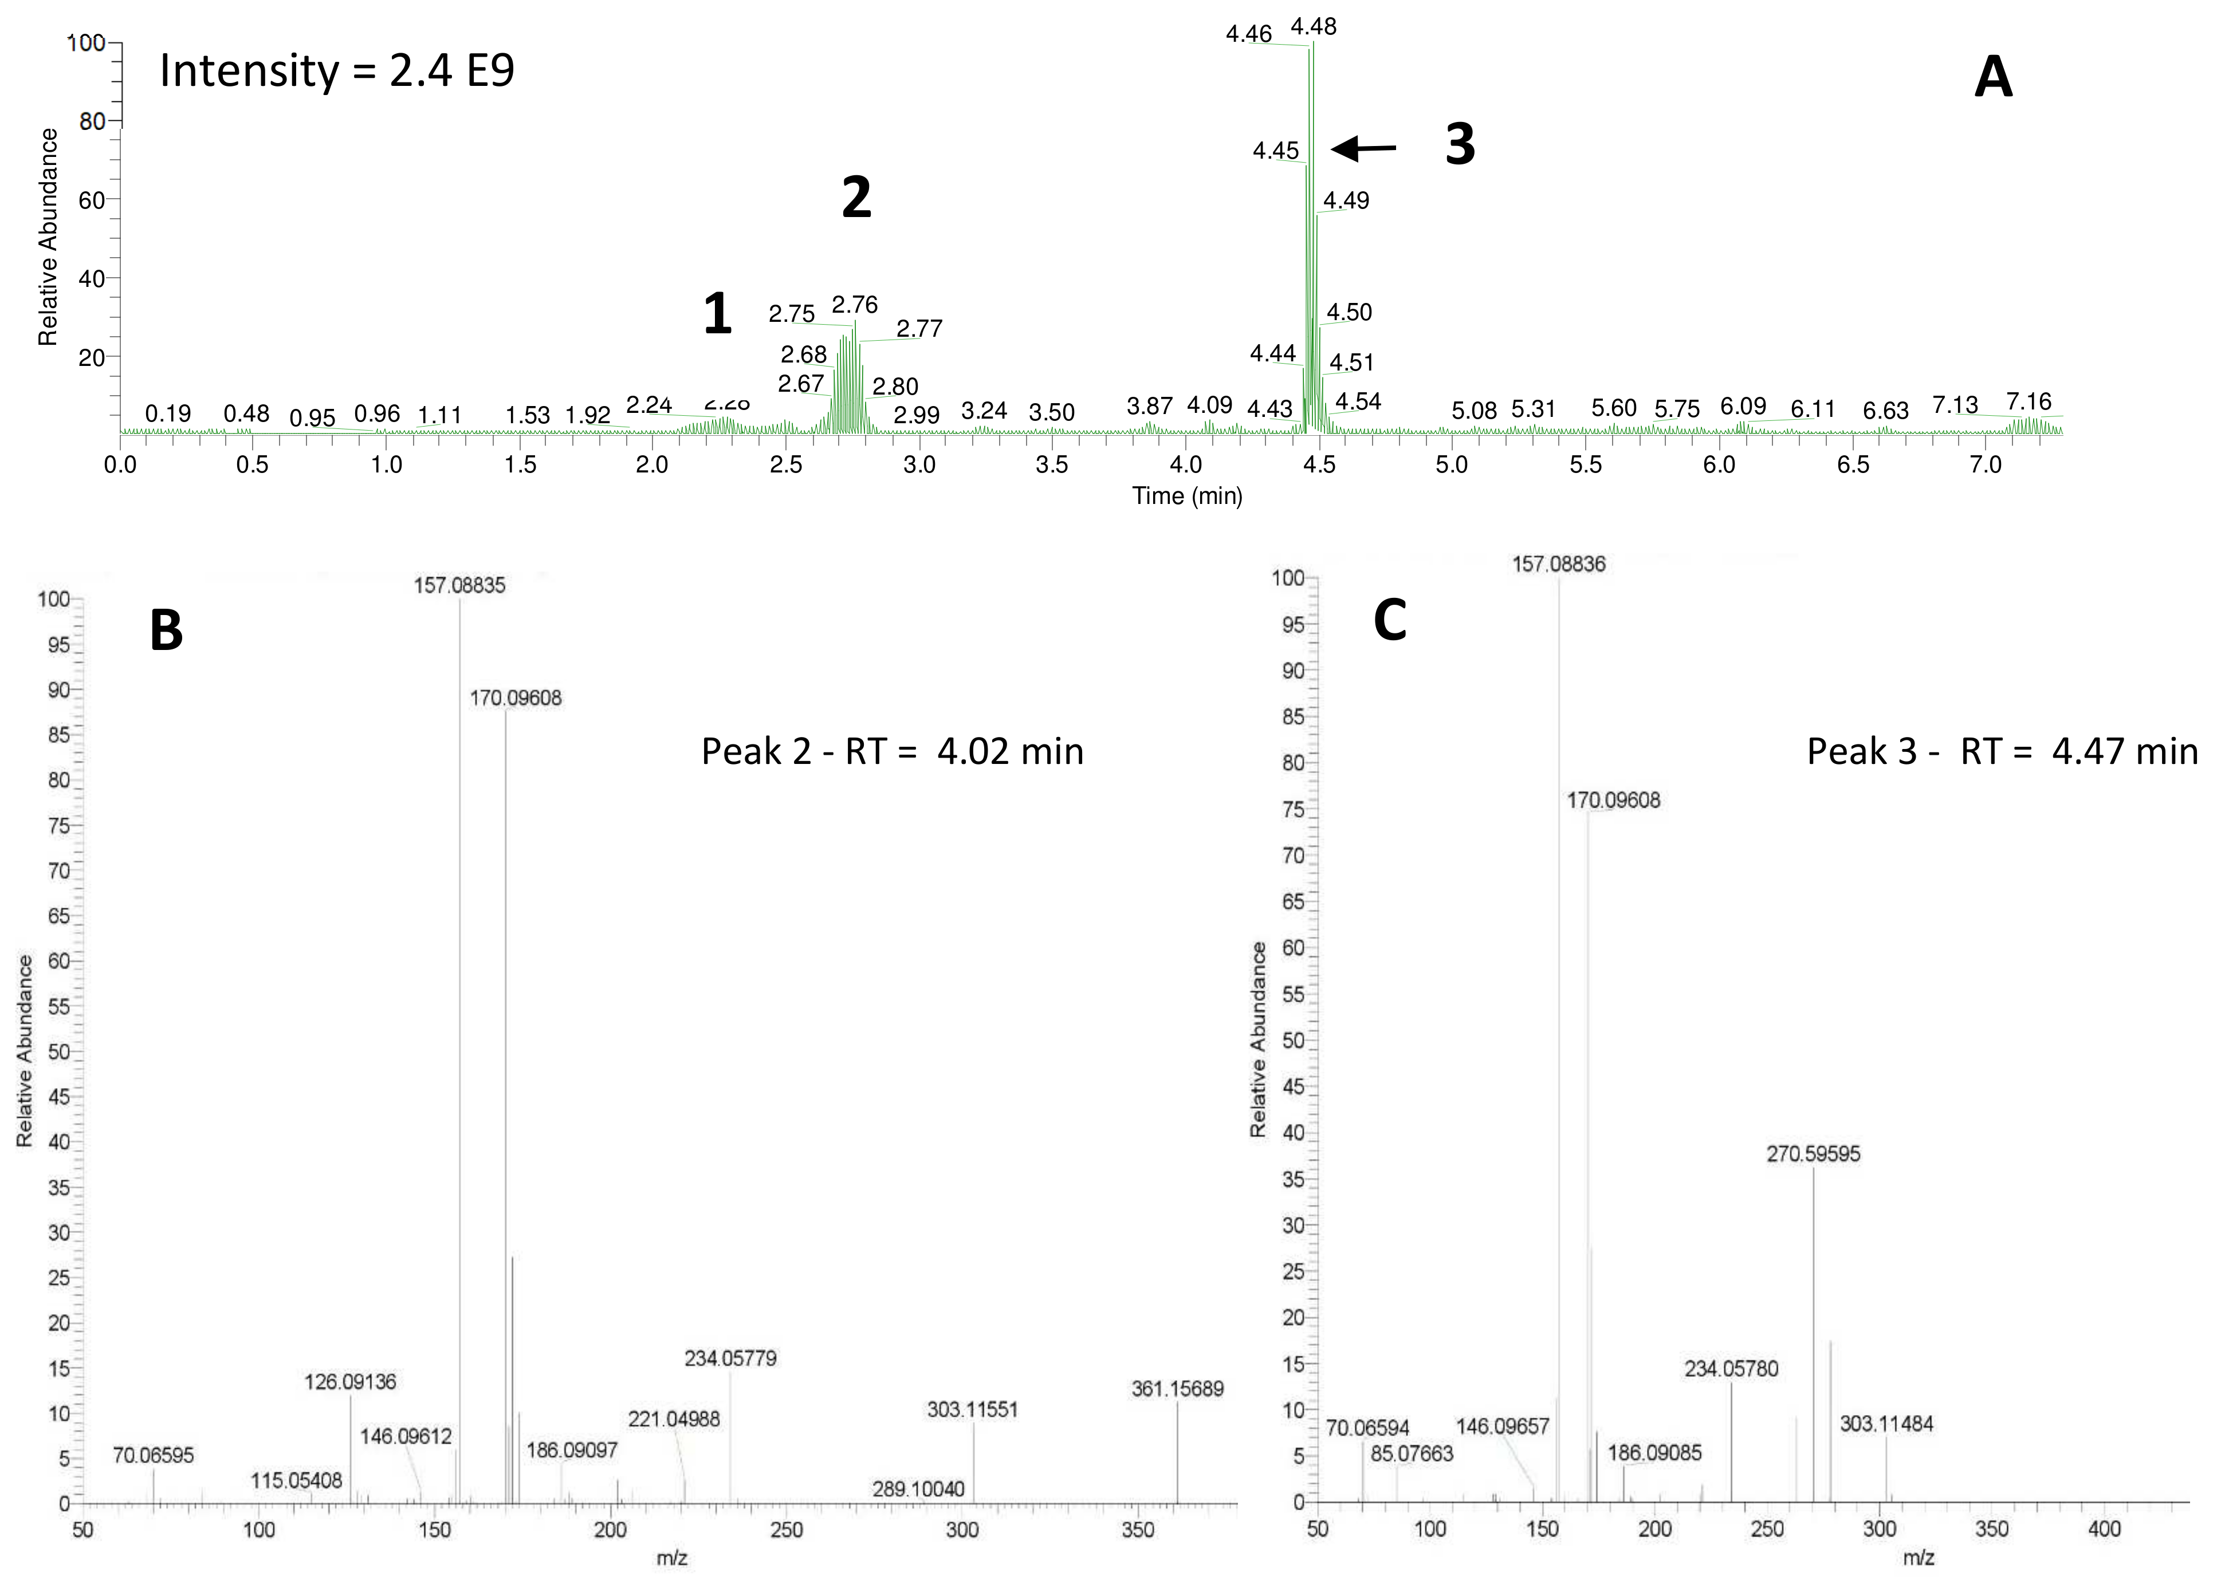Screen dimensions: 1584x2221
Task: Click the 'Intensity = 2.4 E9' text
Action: [x=336, y=71]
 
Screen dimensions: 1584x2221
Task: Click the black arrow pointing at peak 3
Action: [x=1363, y=148]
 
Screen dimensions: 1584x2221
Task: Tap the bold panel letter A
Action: [x=1993, y=77]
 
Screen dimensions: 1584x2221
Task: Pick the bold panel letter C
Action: [x=1389, y=620]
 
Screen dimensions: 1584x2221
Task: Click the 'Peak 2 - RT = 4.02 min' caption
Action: [x=891, y=751]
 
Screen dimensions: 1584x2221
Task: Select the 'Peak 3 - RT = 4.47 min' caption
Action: [x=2002, y=751]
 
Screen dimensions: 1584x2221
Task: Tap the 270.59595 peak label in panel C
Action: [x=1813, y=1154]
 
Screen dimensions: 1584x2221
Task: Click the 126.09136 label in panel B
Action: [x=350, y=1382]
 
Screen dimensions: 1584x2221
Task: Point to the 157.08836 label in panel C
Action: [x=1558, y=564]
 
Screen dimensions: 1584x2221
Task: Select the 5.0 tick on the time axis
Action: [x=1452, y=465]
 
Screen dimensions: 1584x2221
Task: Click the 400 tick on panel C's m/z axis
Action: [x=2104, y=1528]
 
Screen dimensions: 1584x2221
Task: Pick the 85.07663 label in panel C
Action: [x=1412, y=1454]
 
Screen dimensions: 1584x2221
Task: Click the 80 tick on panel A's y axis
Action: [x=92, y=121]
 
